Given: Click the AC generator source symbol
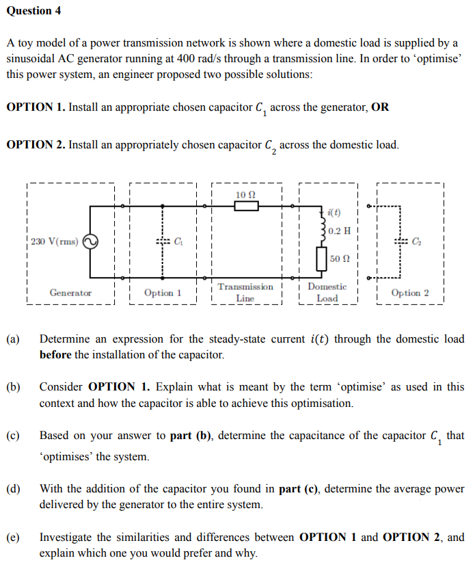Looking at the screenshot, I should coord(91,241).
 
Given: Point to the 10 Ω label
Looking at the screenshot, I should coord(245,195).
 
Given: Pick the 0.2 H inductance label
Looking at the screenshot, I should coord(340,230).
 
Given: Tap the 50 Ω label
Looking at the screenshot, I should coord(340,259).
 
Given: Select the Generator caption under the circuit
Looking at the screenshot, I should coord(70,293).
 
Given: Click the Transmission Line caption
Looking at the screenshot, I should coord(245,293).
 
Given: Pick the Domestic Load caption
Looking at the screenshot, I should coord(327,293).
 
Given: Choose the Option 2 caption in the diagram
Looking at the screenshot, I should coord(410,293).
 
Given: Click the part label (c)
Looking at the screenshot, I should coord(14,436).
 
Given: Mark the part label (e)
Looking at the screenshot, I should coord(14,538).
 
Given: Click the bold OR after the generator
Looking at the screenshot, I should coord(379,107).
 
